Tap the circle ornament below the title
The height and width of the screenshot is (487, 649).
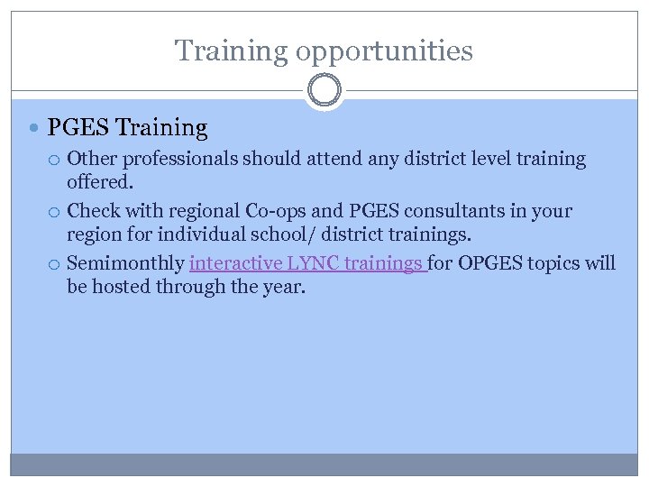click(x=324, y=91)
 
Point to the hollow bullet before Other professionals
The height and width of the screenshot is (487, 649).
click(x=56, y=160)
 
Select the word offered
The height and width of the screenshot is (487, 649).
click(x=100, y=182)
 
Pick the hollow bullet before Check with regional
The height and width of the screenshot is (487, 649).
click(x=56, y=212)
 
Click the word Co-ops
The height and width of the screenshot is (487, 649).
click(x=275, y=211)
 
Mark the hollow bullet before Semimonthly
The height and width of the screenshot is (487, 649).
click(x=56, y=264)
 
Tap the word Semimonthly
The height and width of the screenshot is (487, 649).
click(x=125, y=263)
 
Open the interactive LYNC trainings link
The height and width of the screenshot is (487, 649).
click(x=306, y=263)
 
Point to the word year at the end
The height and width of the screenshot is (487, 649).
click(x=285, y=287)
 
